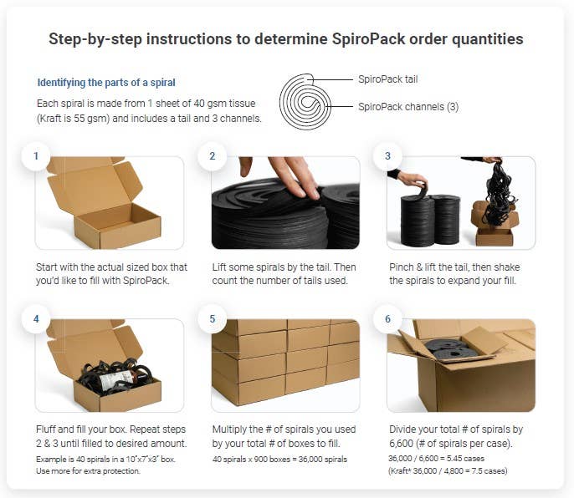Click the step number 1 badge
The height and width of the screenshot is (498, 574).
36,156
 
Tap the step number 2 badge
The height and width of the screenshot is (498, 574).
212,156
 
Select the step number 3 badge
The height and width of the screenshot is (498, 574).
387,156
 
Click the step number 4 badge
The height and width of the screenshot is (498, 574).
36,319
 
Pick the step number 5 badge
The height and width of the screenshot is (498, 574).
212,319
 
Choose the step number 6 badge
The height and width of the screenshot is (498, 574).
387,319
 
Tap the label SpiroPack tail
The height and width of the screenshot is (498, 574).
387,80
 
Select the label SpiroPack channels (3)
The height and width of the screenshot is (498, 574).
407,107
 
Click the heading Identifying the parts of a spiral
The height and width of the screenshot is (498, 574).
106,83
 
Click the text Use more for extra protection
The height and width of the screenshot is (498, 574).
89,471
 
